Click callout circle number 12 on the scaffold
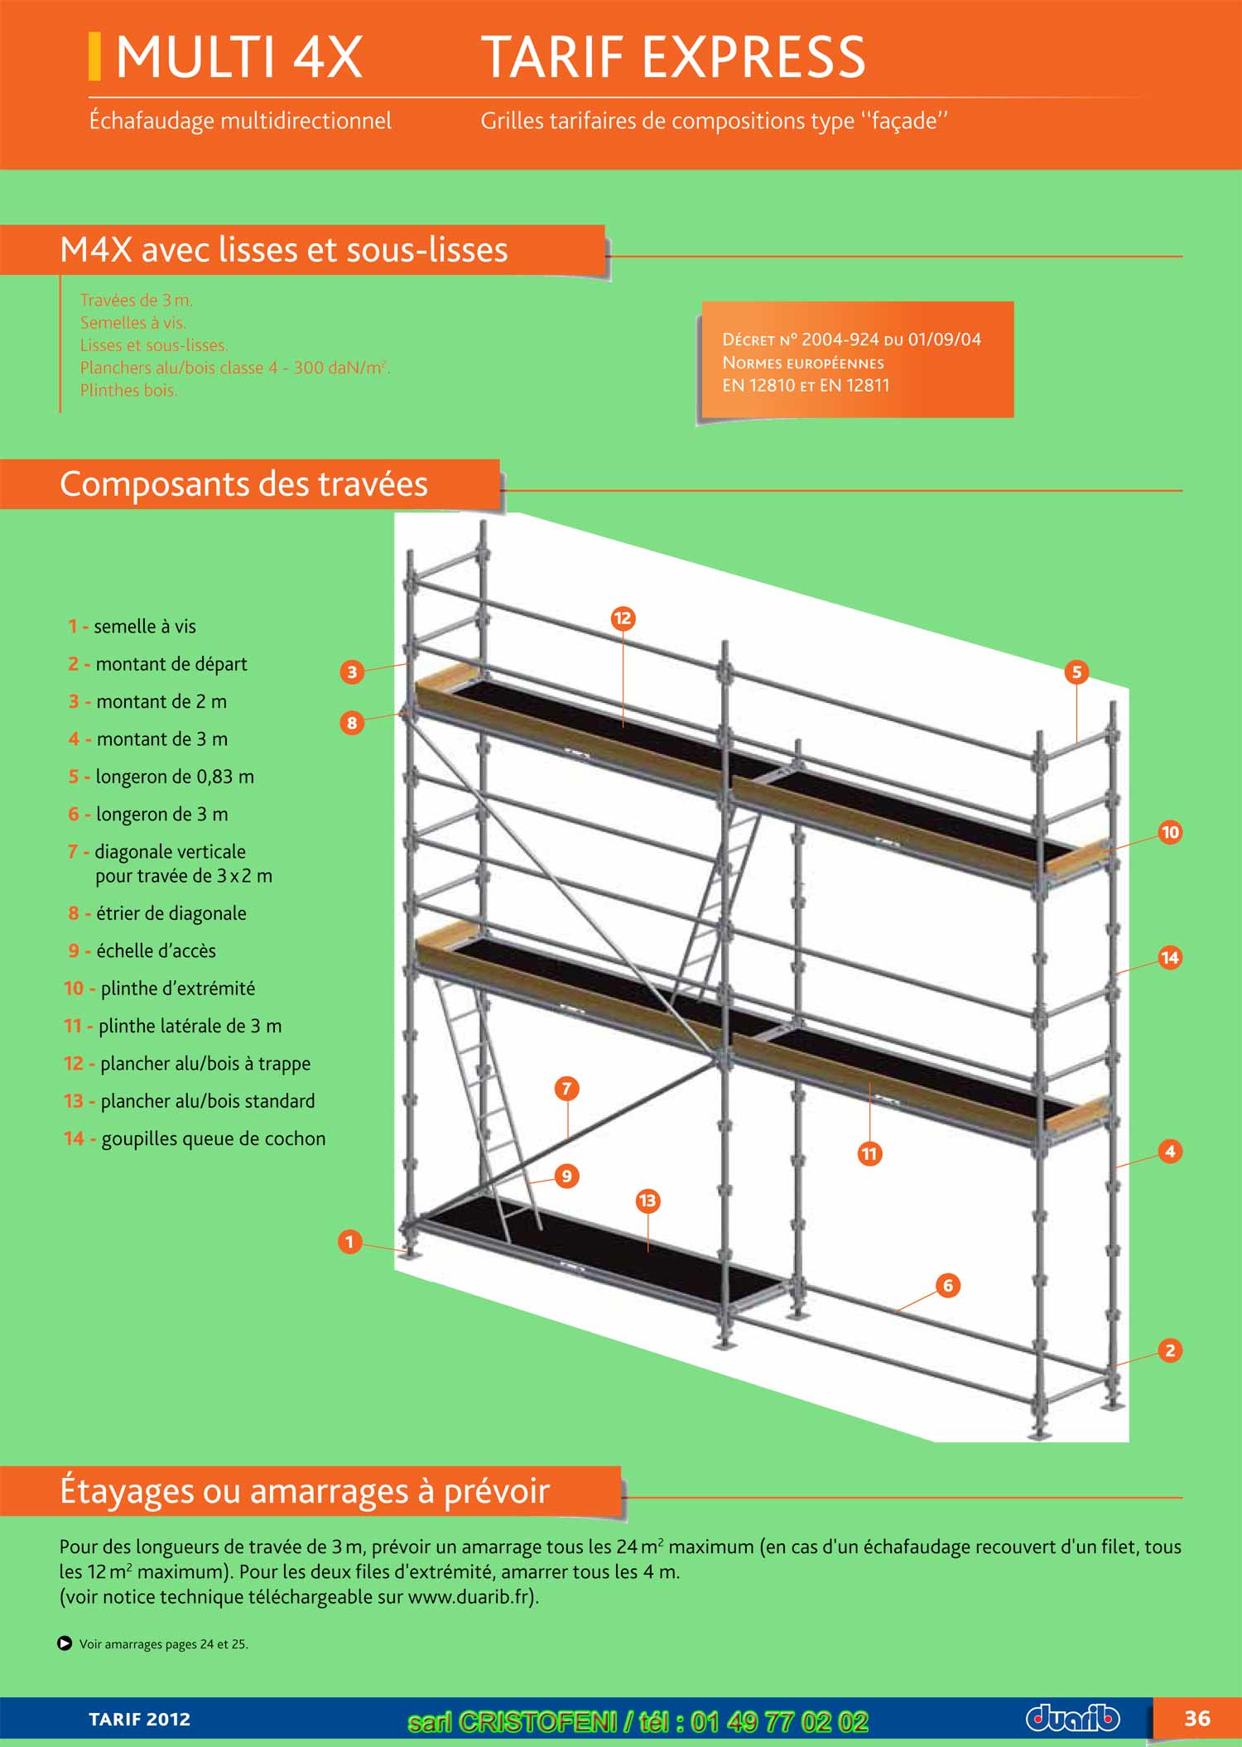point(623,618)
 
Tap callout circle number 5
point(1076,671)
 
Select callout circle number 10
point(1169,832)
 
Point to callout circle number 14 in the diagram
point(1169,958)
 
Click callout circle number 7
point(566,1088)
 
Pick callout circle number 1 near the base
point(349,1241)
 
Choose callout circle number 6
point(948,1285)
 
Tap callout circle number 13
point(647,1200)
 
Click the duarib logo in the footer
point(1072,1718)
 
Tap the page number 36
point(1196,1719)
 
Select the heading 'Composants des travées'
point(243,484)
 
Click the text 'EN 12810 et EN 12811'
point(806,385)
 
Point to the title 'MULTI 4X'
point(238,57)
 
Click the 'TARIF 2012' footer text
point(139,1720)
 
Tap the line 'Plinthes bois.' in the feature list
point(128,390)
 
